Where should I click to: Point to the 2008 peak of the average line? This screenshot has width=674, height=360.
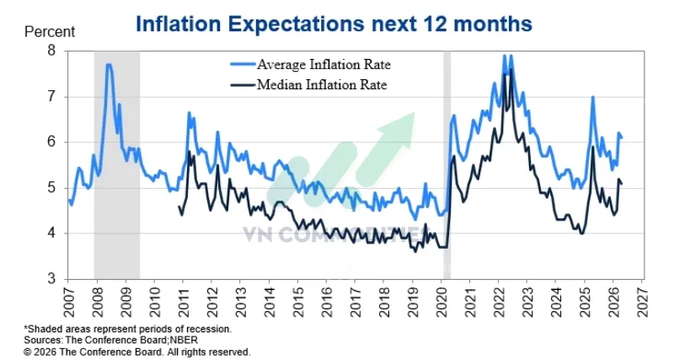(x=109, y=65)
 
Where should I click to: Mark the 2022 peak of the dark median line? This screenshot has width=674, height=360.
(x=509, y=71)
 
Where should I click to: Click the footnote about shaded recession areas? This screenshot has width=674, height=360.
(x=127, y=328)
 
